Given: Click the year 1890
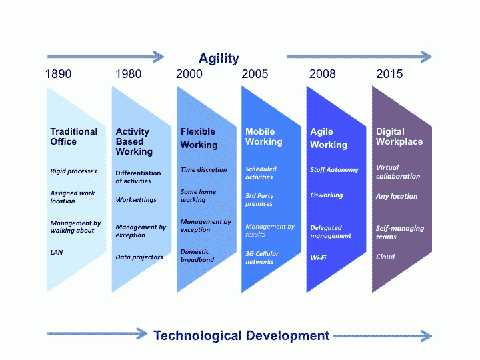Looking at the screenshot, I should point(58,74).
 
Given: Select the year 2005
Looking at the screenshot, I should point(255,74).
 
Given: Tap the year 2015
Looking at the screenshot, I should point(389,74).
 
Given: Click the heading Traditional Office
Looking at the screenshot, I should point(73,137).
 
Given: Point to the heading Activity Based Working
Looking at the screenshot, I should point(134,141).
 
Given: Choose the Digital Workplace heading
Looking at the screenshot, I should point(399,137).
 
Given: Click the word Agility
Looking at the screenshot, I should point(219,58).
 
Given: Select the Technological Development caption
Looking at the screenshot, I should point(241,335).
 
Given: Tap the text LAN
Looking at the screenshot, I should point(57,253).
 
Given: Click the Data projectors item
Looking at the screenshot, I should point(139,257).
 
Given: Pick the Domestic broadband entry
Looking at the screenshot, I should point(197,256).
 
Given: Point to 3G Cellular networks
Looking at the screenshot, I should point(262,258).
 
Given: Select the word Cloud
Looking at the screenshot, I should point(385,257).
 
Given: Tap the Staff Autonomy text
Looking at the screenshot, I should point(334,170).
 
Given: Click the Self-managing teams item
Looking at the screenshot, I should point(399,233).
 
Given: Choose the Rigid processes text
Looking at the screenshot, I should point(73,171).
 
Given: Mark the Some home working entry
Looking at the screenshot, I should point(198,195).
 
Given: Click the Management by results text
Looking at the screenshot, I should point(269,230).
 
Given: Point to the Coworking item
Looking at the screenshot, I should point(326,195).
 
